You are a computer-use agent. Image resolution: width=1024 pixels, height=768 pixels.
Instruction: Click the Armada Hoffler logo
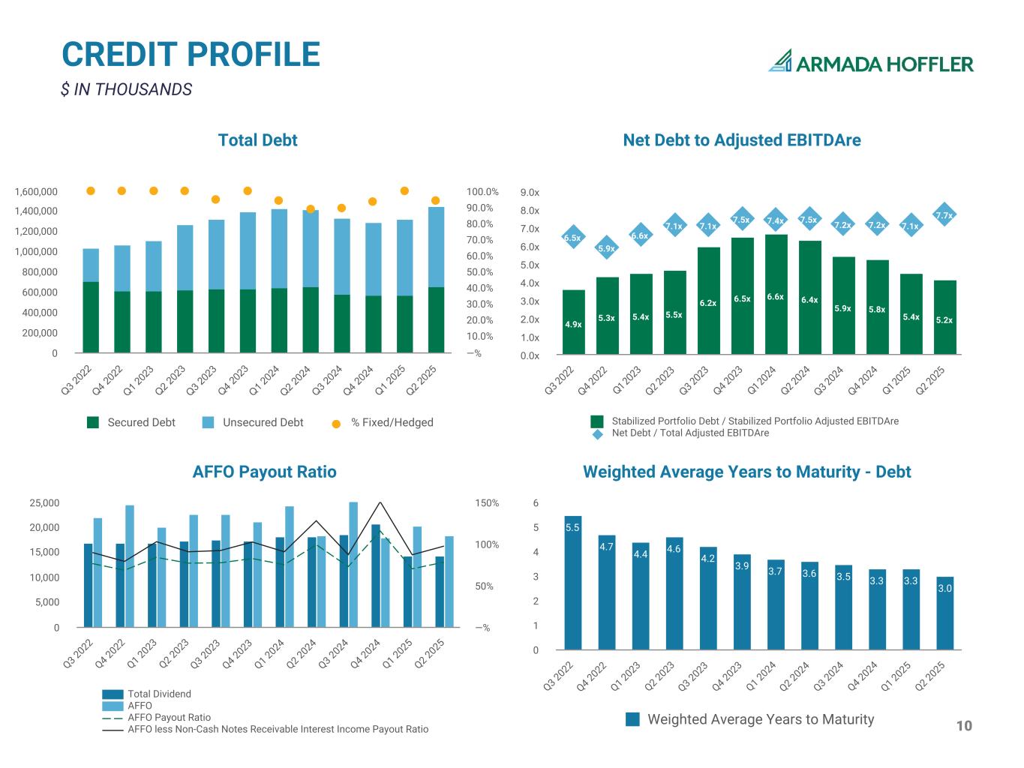click(x=870, y=62)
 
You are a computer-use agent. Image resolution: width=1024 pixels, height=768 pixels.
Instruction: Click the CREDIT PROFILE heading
click(x=191, y=55)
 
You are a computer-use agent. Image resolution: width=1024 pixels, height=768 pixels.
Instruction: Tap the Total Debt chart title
click(x=257, y=140)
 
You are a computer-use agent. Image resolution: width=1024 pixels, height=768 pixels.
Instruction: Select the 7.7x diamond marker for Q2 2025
click(x=944, y=216)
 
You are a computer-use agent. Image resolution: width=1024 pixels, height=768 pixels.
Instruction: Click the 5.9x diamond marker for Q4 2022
click(x=606, y=248)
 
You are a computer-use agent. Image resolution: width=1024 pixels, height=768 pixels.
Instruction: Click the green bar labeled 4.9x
click(x=573, y=322)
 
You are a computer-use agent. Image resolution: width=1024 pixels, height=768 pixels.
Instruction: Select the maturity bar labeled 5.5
click(x=572, y=582)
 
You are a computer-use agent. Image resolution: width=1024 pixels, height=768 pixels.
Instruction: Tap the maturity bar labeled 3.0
click(x=944, y=613)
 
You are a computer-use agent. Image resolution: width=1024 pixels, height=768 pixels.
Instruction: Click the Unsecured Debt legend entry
click(x=254, y=422)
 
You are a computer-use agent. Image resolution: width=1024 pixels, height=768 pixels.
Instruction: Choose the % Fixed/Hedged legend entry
click(x=383, y=422)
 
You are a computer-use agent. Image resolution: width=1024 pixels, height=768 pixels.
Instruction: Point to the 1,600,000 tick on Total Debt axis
click(x=36, y=192)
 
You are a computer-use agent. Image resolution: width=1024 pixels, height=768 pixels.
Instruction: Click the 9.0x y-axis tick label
click(x=530, y=193)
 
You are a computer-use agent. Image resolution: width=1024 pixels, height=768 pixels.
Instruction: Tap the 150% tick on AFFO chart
click(x=487, y=503)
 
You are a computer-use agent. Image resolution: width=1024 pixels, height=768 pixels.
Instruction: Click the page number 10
click(x=964, y=725)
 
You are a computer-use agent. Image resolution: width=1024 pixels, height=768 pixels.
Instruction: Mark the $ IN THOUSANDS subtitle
click(x=126, y=89)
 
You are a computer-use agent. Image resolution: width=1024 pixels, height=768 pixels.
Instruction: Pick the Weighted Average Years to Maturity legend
click(x=750, y=719)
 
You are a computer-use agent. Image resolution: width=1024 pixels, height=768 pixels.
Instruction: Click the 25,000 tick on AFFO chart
click(x=44, y=503)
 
